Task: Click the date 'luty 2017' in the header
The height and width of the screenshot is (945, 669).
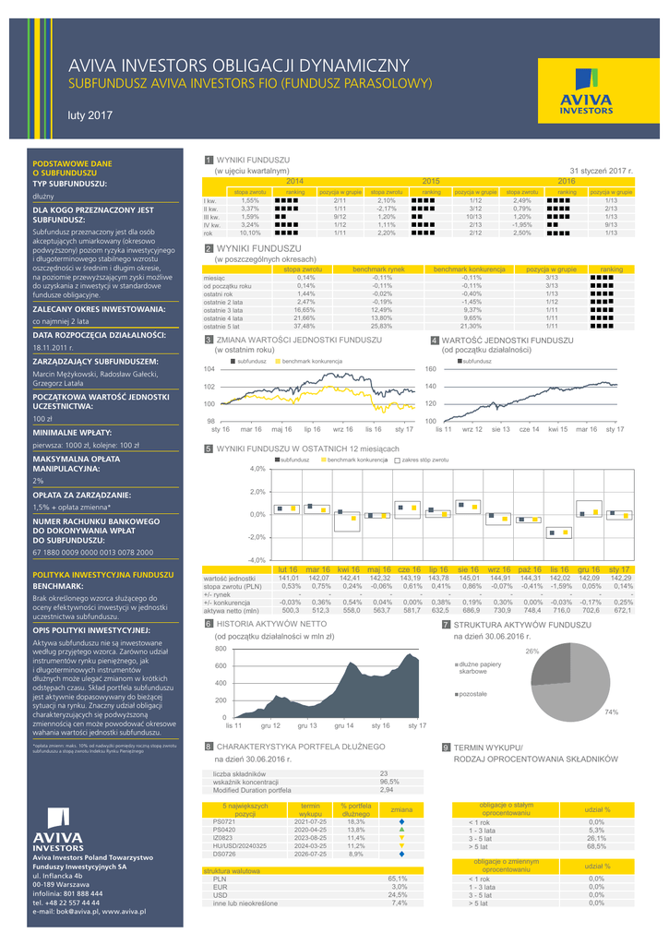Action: pos(90,115)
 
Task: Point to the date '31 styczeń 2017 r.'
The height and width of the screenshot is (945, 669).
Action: pos(601,172)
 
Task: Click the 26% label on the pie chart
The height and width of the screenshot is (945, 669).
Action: pos(532,652)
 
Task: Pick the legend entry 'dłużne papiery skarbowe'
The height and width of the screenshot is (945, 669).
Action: pos(479,667)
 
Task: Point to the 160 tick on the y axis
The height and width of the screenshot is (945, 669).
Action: pos(430,369)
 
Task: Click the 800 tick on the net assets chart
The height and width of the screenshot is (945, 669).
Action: pos(221,650)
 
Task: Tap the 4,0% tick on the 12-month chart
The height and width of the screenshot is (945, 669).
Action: pos(257,470)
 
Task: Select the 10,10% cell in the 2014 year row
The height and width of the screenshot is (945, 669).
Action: pos(250,233)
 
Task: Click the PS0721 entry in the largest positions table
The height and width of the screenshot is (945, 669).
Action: pos(224,821)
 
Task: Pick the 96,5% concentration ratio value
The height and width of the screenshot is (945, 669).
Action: pos(389,782)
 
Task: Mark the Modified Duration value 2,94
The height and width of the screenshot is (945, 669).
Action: pos(387,790)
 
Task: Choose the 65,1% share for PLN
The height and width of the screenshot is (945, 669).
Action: pos(398,879)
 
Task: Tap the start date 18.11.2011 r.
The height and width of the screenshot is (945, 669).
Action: pos(54,348)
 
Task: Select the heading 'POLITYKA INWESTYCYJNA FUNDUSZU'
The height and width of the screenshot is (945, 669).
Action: pos(103,574)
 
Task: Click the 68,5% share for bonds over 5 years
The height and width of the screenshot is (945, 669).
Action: pos(596,845)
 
